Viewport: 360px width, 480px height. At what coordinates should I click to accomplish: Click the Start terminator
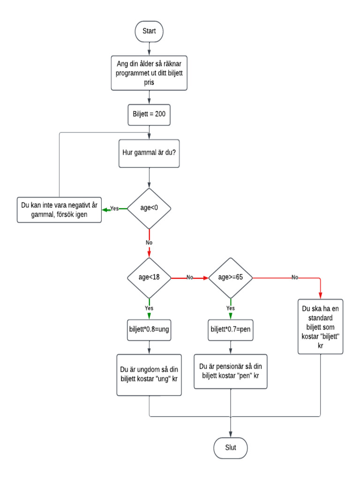coord(149,31)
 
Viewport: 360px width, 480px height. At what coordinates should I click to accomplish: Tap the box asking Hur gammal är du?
coord(149,153)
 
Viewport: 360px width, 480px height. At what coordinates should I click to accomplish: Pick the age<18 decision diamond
coord(149,277)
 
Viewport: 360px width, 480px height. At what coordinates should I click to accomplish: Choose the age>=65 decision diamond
coord(230,277)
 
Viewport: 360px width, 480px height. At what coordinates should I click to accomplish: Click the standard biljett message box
coord(321,326)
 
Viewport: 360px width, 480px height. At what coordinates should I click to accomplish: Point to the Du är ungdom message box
coord(149,375)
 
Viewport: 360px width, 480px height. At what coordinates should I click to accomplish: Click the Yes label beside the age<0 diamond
coord(114,209)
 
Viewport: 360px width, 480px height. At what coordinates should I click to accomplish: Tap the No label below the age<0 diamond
coord(149,243)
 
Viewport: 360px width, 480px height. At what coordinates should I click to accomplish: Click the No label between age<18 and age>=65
coord(190,277)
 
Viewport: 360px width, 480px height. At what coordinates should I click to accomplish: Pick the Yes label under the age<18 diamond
coord(149,309)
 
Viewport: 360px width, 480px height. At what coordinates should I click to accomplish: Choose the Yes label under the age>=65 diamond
coord(230,309)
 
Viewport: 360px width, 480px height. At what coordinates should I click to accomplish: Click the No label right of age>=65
coord(294,277)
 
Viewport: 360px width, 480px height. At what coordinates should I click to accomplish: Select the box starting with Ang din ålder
coord(149,73)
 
